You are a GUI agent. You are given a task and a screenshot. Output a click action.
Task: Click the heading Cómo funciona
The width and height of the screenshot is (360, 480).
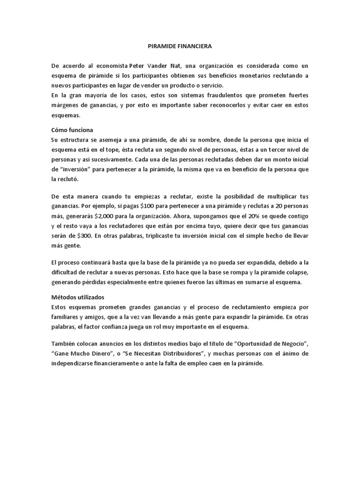72,130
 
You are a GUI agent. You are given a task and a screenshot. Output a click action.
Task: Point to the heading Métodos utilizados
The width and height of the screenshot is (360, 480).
77,297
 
